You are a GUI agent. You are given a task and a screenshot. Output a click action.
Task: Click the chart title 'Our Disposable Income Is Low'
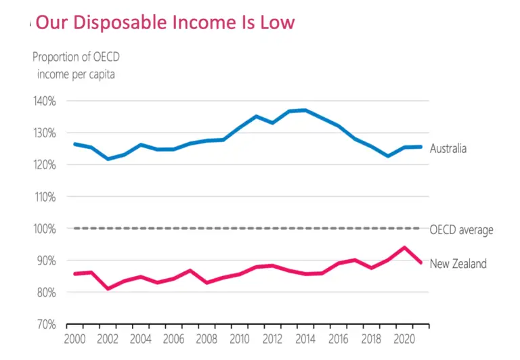(x=165, y=22)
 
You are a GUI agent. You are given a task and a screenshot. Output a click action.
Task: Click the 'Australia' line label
(x=448, y=148)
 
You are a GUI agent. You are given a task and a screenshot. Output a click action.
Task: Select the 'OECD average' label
(x=461, y=230)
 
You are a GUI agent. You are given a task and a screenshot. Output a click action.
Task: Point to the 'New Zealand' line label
(x=458, y=264)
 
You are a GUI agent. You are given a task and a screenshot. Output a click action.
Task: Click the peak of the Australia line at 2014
(x=305, y=110)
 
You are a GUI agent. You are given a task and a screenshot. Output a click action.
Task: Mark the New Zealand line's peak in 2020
(x=404, y=248)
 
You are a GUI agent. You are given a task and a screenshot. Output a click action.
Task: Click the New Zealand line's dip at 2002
(x=108, y=288)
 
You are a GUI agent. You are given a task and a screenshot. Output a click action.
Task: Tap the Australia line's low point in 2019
(x=388, y=156)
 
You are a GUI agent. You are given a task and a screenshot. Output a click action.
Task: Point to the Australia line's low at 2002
(x=108, y=159)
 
